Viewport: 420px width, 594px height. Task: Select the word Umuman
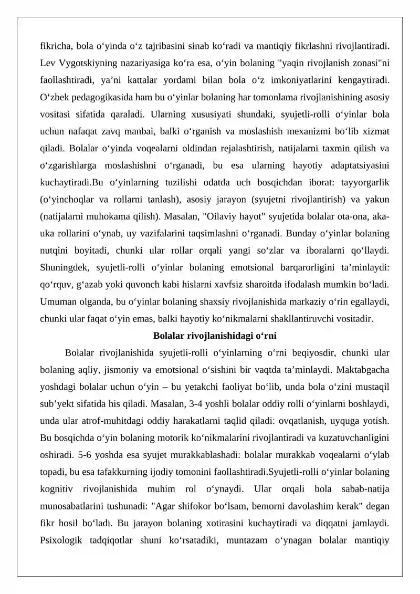[x=57, y=303]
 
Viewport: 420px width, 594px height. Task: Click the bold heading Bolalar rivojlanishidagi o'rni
[x=215, y=336]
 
